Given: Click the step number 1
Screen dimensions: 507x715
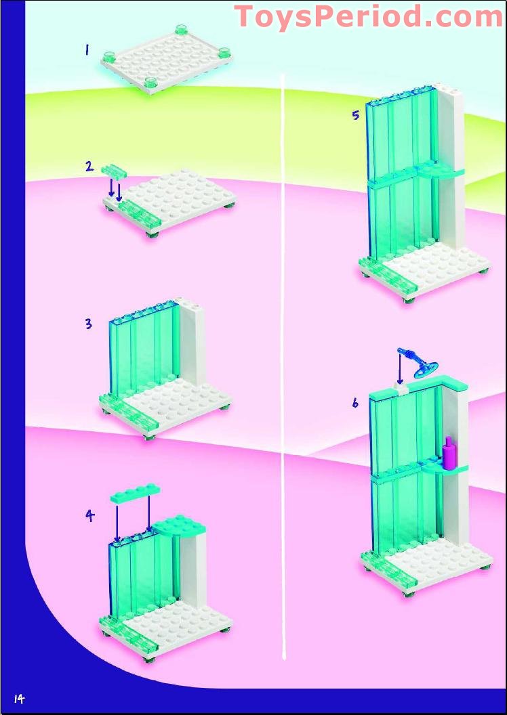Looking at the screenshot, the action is [87, 50].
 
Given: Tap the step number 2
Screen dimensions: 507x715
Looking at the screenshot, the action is [89, 167].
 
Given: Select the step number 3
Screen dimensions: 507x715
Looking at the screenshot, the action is [88, 324].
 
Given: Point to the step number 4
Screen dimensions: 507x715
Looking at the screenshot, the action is [90, 515].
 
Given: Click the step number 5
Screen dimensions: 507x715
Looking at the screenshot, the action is [355, 115].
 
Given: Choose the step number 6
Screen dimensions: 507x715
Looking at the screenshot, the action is [355, 403].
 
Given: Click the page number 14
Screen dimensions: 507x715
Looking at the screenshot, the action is [19, 699].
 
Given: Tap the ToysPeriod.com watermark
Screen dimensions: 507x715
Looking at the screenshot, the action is [369, 17].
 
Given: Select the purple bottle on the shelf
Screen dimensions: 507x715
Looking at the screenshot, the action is [449, 452].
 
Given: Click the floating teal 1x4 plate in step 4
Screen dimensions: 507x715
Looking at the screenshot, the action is [136, 493].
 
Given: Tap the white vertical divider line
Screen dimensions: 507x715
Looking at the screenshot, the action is [284, 365].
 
